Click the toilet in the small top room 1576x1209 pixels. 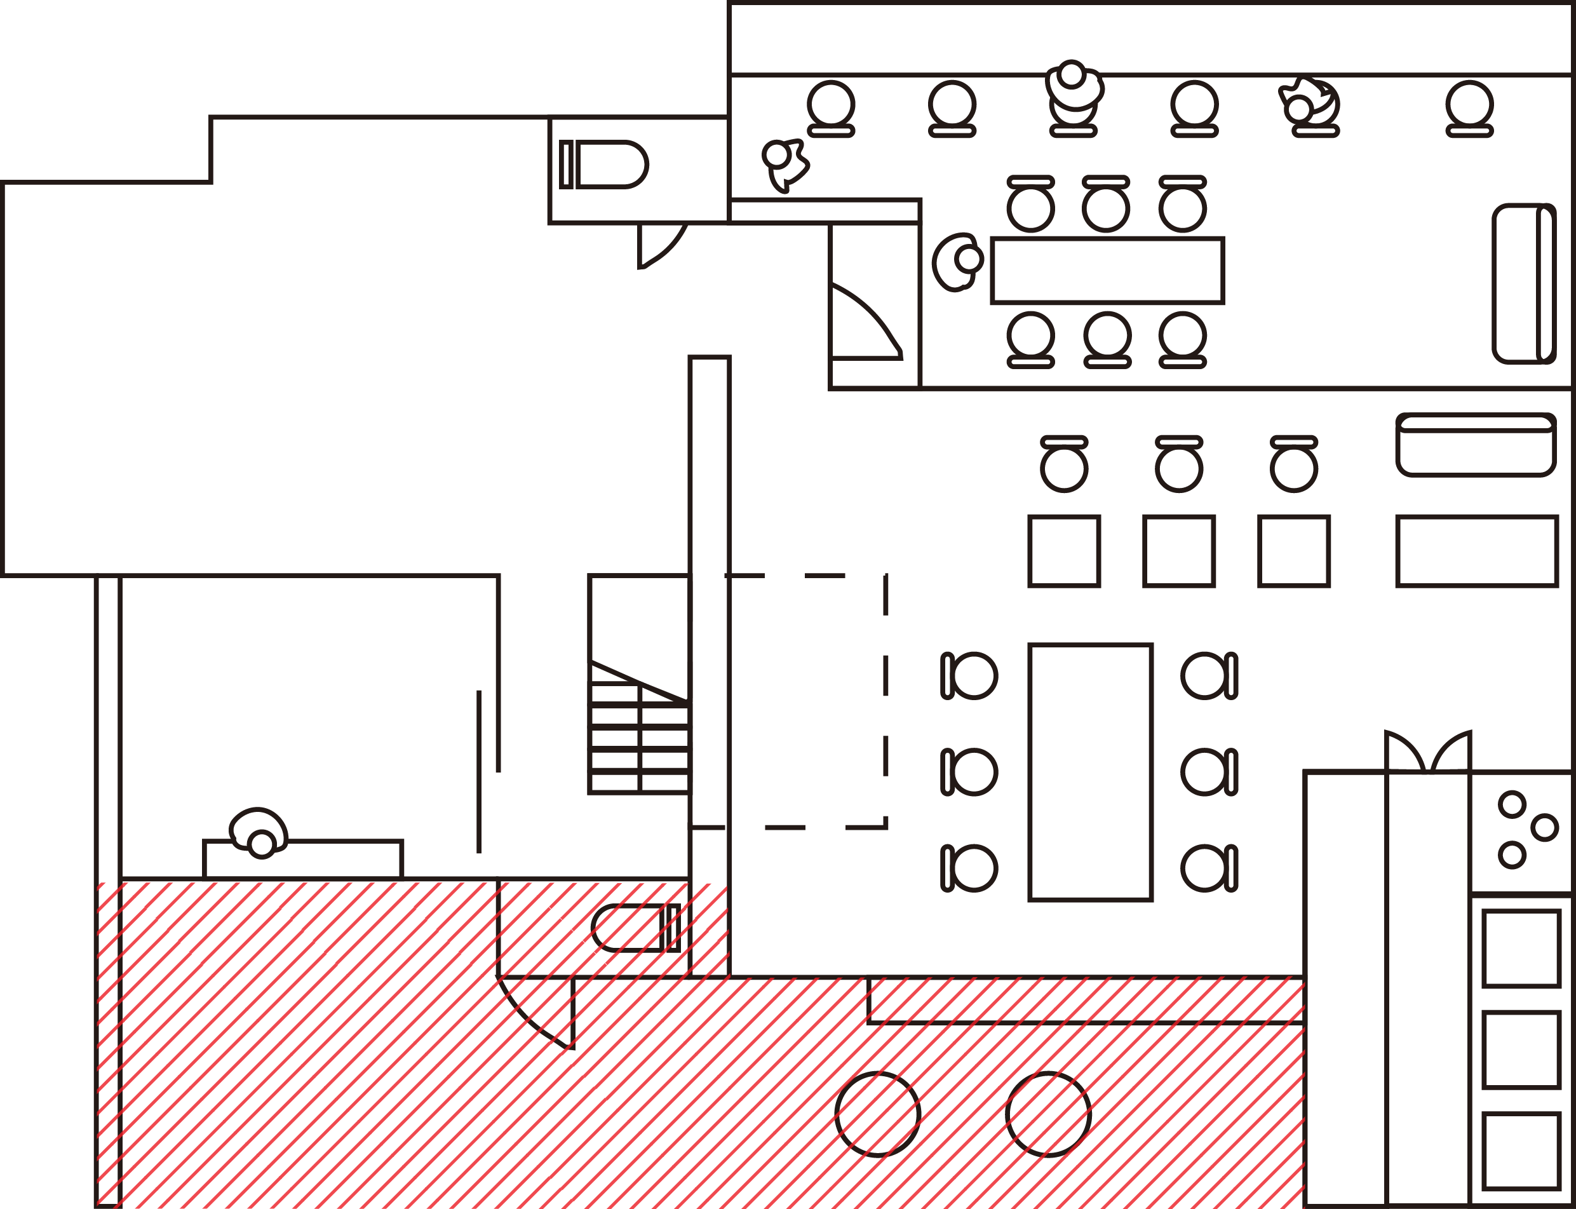(x=605, y=164)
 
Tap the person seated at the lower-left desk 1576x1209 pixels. (x=259, y=833)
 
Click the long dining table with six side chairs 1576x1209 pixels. (x=1090, y=772)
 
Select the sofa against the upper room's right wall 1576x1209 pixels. (x=1523, y=283)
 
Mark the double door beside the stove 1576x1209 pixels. (x=1429, y=752)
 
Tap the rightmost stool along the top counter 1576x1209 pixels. (x=1469, y=108)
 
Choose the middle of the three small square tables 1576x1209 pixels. (x=1179, y=551)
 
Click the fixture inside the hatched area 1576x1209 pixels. (x=635, y=928)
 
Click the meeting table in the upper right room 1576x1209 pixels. (x=1107, y=271)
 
